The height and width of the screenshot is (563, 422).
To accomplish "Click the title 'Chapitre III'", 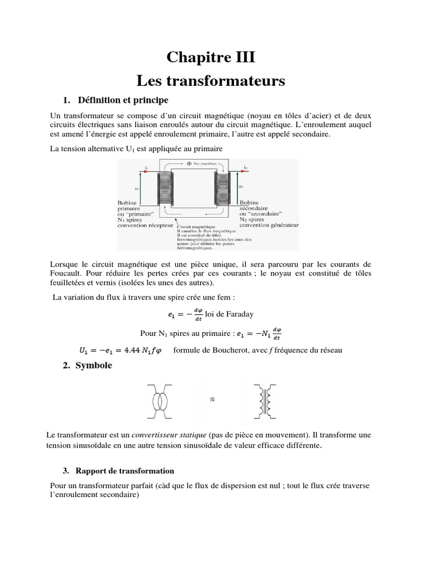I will click(x=211, y=57).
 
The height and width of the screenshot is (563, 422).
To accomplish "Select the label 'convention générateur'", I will click(x=269, y=225).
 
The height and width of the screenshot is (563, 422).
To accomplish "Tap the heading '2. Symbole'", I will click(x=87, y=365).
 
